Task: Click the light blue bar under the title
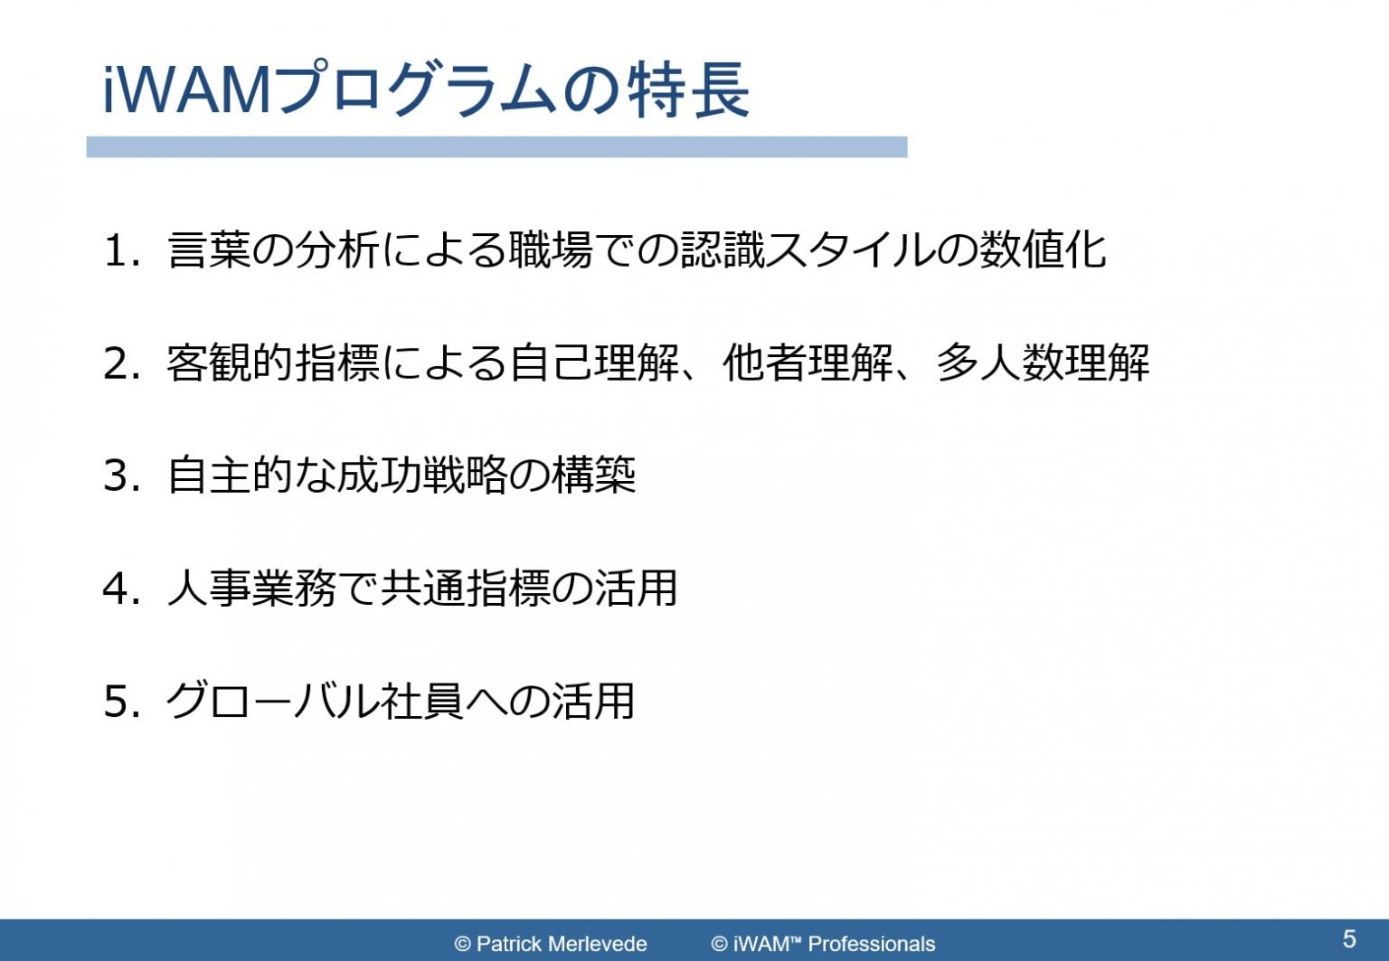496,147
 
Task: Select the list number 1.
115,251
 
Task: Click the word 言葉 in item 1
209,250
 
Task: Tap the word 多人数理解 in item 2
1042,363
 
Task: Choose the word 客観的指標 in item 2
273,363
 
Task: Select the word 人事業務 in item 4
251,589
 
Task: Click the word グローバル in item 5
271,702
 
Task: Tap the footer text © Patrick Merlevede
551,944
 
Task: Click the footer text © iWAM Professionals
823,944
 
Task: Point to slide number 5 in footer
1349,938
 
